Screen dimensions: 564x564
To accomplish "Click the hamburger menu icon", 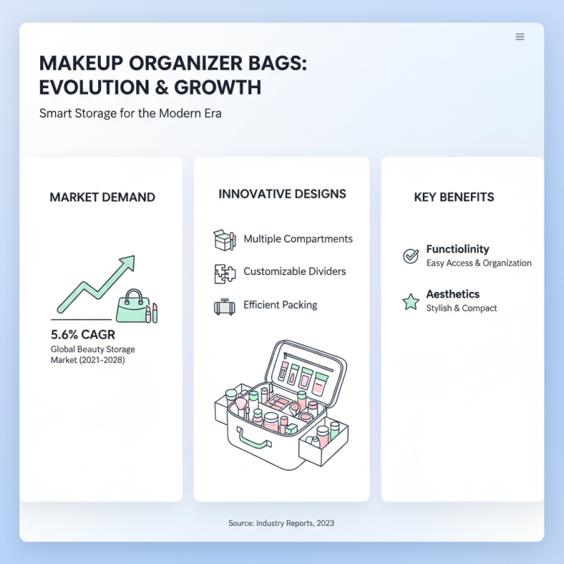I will coord(520,37).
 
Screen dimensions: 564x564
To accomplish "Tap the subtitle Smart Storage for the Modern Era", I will coord(130,113).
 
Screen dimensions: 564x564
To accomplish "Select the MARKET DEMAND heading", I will coord(102,197).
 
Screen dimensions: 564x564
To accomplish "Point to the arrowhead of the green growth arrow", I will coord(127,263).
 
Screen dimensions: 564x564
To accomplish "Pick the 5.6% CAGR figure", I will coord(83,334).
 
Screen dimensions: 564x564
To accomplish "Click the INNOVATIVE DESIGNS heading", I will coord(282,194).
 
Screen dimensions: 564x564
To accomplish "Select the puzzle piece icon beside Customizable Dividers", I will coord(223,273).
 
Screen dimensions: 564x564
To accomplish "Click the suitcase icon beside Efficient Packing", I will coord(223,307).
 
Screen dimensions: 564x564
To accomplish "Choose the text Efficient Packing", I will coord(281,305).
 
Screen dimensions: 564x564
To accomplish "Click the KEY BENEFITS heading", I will coord(454,197).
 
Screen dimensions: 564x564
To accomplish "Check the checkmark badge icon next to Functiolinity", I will coord(410,255).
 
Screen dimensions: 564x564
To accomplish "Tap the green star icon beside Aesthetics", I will coord(410,302).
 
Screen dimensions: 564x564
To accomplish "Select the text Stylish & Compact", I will coord(462,308).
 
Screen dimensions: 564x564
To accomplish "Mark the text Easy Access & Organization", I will coord(479,263).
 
